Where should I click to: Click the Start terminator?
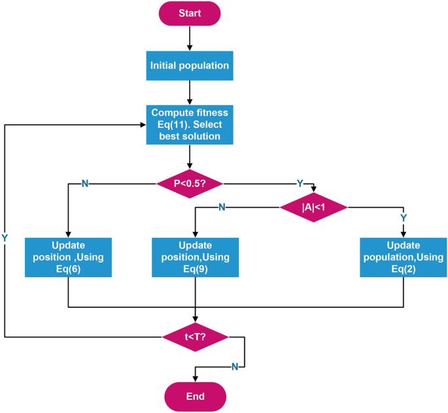(x=190, y=13)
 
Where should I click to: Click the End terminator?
(x=195, y=396)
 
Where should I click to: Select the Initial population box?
(x=190, y=66)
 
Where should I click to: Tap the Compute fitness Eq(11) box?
(x=190, y=124)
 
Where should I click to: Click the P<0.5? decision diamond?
(x=190, y=184)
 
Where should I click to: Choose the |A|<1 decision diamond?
(x=314, y=207)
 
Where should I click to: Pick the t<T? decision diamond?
(x=195, y=337)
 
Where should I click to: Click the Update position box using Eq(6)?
(x=69, y=257)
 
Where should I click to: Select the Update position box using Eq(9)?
(x=195, y=257)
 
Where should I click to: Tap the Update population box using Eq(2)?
(x=402, y=257)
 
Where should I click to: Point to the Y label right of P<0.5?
(x=300, y=184)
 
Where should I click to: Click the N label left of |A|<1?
(x=222, y=207)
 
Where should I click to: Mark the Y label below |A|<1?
(x=403, y=217)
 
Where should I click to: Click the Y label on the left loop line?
(x=5, y=238)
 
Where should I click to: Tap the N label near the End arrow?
(x=234, y=367)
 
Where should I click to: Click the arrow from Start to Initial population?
(x=190, y=39)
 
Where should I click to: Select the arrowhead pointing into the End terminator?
(x=195, y=378)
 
